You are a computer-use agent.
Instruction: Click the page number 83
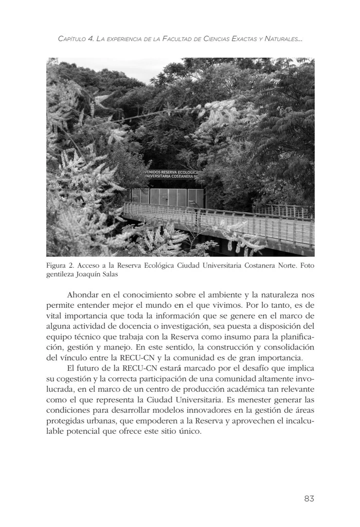309,498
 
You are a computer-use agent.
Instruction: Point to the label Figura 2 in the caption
61,266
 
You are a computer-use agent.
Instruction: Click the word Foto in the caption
307,266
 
